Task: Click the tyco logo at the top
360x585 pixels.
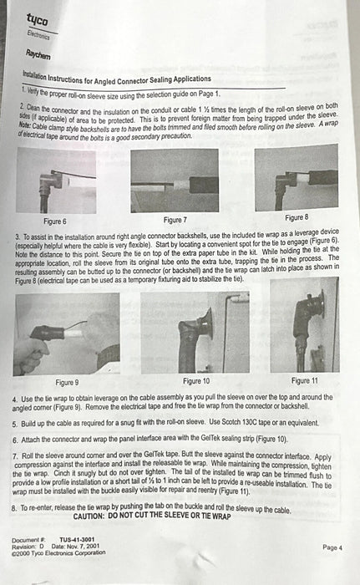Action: tap(37, 19)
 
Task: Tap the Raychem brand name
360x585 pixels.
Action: tap(38, 54)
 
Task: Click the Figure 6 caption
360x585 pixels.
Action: tap(55, 221)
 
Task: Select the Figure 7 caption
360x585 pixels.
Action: tap(175, 220)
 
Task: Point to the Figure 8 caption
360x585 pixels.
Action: tap(297, 217)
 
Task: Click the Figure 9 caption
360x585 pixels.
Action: tap(67, 383)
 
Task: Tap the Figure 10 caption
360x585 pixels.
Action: tap(196, 381)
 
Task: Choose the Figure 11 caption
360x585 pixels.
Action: tap(304, 380)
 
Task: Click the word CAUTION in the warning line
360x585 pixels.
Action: tap(89, 516)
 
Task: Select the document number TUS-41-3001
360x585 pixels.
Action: tap(77, 540)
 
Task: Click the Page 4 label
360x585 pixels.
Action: tap(332, 547)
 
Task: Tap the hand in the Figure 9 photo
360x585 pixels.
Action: tap(29, 354)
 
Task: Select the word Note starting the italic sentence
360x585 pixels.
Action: tap(24, 125)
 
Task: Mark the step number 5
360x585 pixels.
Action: tap(14, 425)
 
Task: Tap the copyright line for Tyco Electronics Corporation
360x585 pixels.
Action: tap(58, 553)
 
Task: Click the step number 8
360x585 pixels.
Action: tap(14, 508)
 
